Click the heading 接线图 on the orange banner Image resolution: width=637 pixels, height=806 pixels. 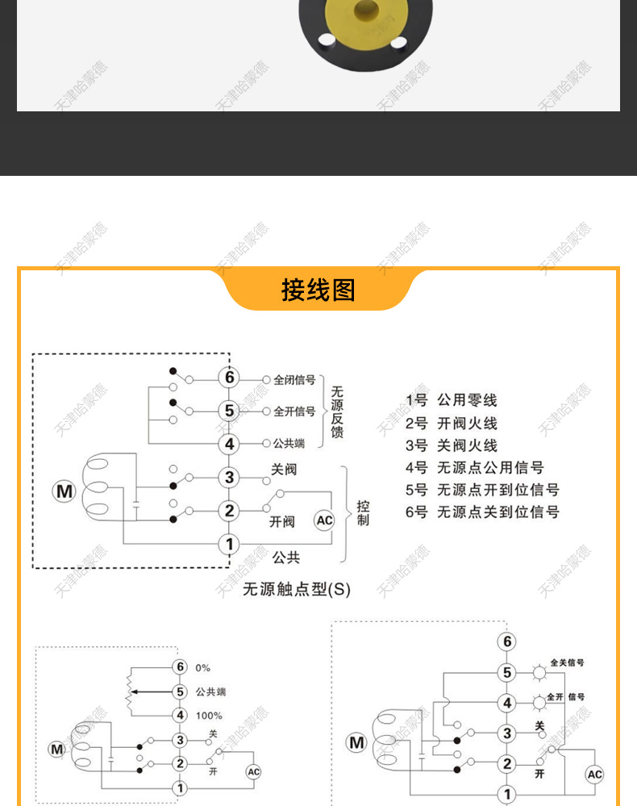318,290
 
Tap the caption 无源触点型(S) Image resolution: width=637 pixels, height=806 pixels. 297,589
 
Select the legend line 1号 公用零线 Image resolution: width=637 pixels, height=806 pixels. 451,400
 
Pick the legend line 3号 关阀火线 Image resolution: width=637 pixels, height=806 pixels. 451,445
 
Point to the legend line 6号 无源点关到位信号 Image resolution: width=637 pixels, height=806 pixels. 482,512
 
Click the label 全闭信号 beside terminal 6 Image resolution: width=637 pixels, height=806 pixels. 294,379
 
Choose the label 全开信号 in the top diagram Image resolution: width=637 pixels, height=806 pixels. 294,411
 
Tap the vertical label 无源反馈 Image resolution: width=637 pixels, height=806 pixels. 337,411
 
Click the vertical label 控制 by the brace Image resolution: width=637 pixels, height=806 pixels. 363,513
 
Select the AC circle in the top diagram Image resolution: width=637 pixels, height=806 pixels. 324,520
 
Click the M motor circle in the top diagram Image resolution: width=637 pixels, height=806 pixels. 64,491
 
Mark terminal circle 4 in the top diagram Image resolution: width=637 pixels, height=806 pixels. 229,444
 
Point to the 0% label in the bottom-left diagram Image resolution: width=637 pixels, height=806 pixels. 202,668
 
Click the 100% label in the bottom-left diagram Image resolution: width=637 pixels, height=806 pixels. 209,716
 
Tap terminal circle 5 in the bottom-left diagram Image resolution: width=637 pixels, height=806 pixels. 180,691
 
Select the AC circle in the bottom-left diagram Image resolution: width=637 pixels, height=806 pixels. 254,772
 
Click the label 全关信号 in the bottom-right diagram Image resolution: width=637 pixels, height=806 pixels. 568,663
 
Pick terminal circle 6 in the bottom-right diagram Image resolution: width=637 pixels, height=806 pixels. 506,642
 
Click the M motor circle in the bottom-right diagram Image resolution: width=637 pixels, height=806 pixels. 356,742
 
